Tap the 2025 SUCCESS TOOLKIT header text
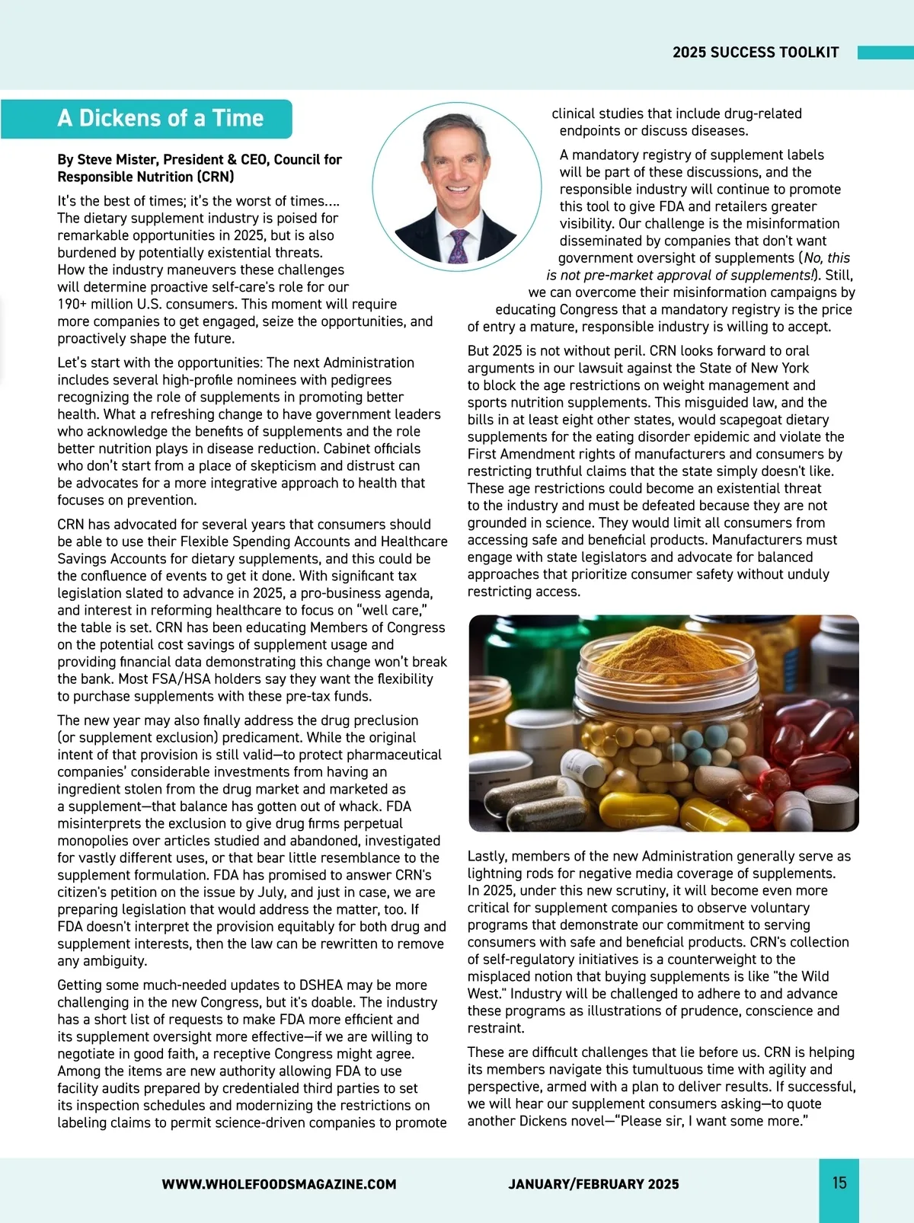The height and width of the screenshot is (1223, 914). click(x=755, y=53)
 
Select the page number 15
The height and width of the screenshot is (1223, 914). click(x=839, y=1183)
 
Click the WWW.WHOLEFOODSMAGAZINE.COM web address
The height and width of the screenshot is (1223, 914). click(x=279, y=1184)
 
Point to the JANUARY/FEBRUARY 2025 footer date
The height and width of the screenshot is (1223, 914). click(x=593, y=1184)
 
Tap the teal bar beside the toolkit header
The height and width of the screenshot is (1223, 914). click(x=885, y=53)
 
